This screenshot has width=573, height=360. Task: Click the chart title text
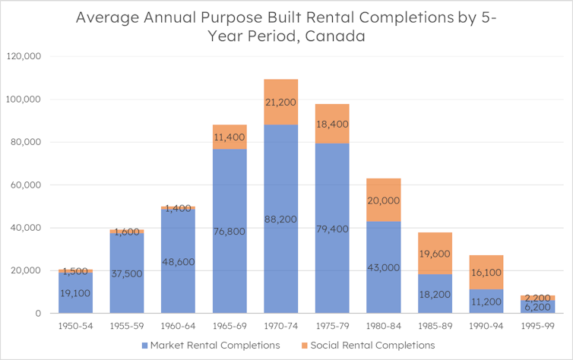pyautogui.click(x=286, y=27)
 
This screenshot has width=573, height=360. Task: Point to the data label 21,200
pyautogui.click(x=280, y=103)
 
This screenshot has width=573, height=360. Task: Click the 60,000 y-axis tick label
pyautogui.click(x=28, y=185)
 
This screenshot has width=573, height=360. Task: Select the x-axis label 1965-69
pyautogui.click(x=229, y=325)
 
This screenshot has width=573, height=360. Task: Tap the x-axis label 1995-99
pyautogui.click(x=537, y=325)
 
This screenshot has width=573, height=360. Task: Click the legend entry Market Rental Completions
pyautogui.click(x=215, y=345)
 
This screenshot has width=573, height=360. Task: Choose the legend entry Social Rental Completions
pyautogui.click(x=377, y=345)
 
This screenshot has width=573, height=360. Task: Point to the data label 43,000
pyautogui.click(x=383, y=268)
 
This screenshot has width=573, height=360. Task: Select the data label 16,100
pyautogui.click(x=486, y=271)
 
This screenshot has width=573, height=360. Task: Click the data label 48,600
pyautogui.click(x=178, y=261)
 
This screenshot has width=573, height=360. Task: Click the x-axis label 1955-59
pyautogui.click(x=126, y=325)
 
